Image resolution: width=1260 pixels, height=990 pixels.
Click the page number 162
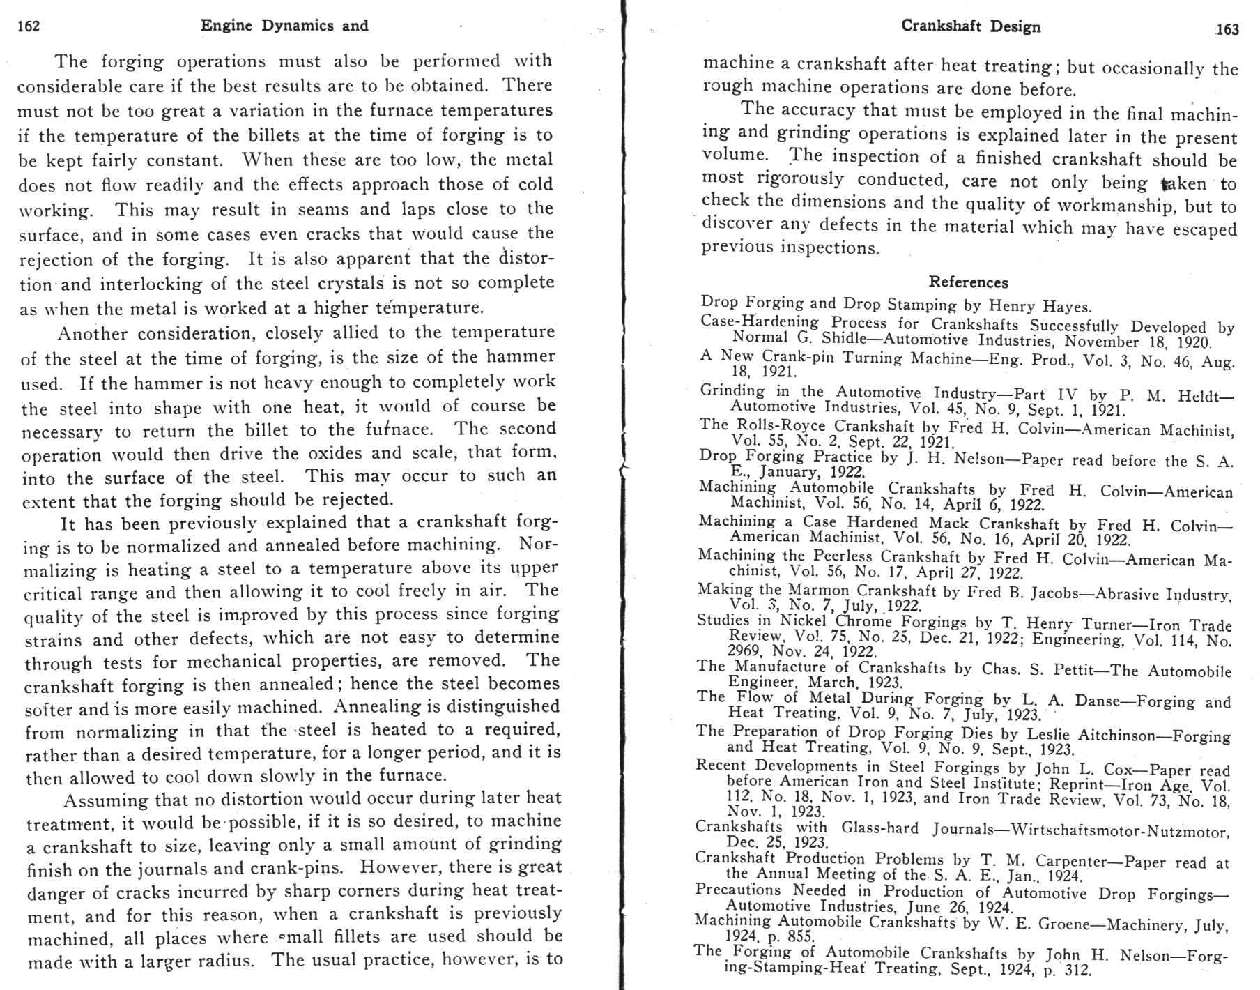(x=29, y=26)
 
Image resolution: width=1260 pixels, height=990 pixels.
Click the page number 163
(x=1227, y=29)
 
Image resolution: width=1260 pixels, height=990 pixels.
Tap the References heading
(x=968, y=282)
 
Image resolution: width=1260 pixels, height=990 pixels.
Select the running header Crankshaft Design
(x=970, y=26)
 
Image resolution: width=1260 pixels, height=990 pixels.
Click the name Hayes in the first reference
(x=1066, y=307)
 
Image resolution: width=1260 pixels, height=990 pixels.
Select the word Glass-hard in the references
(x=879, y=828)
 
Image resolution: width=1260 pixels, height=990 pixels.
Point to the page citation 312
(x=1076, y=970)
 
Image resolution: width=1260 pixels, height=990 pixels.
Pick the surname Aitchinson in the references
(x=1122, y=735)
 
